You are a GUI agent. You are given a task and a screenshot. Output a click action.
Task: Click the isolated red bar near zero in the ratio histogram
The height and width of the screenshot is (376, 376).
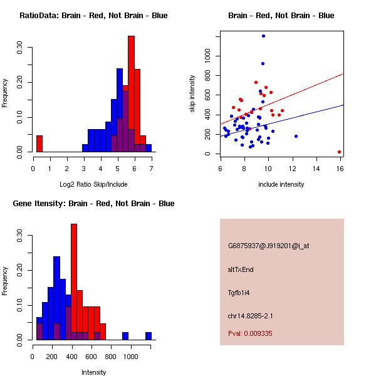tap(39, 144)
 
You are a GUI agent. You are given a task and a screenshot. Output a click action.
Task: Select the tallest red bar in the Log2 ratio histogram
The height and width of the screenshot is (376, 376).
tap(132, 94)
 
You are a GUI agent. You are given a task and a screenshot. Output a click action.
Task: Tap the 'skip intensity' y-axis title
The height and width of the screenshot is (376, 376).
tap(192, 94)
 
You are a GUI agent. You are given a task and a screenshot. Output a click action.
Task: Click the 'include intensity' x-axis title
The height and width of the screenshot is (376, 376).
tap(281, 184)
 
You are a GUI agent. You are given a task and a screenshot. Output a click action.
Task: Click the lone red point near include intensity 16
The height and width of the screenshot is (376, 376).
tap(339, 152)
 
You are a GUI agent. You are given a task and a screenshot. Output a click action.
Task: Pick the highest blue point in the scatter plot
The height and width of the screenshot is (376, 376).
tap(263, 36)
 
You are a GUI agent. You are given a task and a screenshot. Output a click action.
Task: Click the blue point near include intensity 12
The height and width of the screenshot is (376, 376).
tap(296, 136)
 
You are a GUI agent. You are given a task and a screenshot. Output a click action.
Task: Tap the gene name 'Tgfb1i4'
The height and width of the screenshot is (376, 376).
tap(239, 293)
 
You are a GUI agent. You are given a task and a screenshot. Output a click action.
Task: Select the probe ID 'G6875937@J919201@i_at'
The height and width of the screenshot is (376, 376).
tap(268, 246)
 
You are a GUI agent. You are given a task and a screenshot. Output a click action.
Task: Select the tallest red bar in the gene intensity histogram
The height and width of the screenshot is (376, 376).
tap(74, 281)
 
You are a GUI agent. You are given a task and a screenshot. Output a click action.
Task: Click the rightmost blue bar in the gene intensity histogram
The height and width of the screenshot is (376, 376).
tap(149, 336)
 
